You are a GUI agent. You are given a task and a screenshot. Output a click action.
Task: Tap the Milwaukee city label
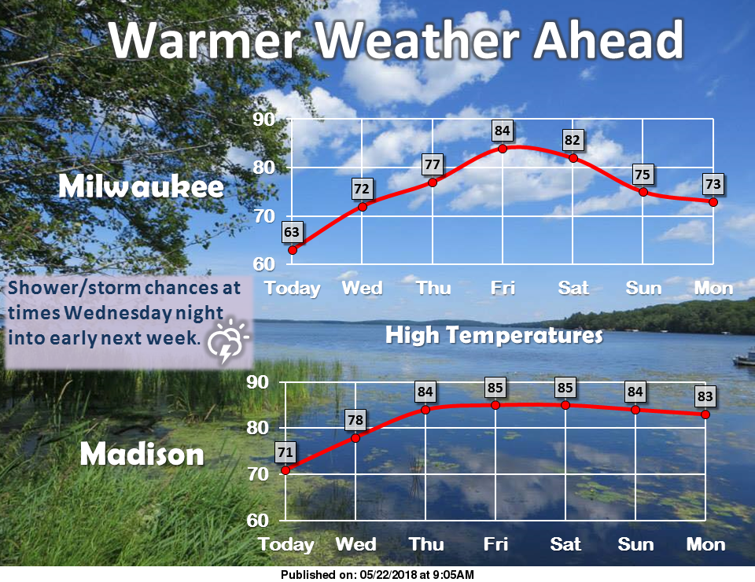141,186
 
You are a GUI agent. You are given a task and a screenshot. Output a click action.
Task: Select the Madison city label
142,454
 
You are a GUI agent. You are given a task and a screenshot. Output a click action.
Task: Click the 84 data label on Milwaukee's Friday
502,129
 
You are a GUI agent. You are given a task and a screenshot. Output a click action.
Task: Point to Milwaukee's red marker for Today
293,250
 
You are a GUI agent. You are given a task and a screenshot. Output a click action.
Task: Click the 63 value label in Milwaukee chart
293,231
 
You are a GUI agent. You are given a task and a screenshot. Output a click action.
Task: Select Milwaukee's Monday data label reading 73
713,184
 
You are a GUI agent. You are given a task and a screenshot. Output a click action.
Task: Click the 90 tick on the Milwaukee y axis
263,120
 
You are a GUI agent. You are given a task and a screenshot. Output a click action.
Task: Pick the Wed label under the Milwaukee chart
362,288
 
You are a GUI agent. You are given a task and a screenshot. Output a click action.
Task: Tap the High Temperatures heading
494,337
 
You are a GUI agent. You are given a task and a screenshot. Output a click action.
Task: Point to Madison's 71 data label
285,451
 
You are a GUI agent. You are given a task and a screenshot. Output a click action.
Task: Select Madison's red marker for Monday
705,414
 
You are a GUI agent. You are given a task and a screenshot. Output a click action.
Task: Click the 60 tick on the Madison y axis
260,521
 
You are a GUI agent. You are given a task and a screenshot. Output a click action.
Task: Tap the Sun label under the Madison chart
635,544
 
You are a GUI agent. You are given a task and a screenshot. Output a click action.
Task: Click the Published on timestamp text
377,575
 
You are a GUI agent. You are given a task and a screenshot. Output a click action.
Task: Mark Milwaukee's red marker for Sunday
643,192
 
